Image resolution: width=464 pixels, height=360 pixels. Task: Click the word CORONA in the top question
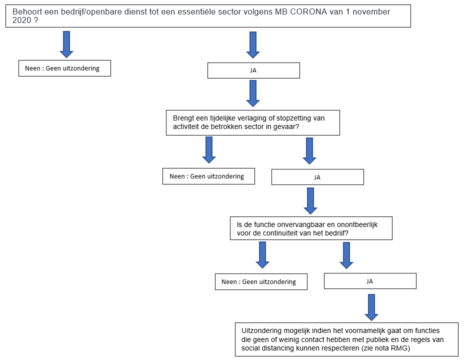click(308, 12)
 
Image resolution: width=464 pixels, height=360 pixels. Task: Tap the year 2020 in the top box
click(21, 20)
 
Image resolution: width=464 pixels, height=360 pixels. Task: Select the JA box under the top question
click(253, 70)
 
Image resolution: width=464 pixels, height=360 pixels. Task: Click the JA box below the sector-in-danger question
click(317, 177)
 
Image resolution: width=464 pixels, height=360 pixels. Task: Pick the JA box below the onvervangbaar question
click(370, 281)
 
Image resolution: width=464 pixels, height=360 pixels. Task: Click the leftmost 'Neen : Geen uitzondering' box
click(64, 68)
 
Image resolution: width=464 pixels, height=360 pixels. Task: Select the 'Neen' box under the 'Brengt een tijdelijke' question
click(208, 176)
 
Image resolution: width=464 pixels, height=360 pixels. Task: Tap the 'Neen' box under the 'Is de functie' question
click(261, 281)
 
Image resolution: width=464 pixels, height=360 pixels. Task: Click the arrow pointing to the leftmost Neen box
click(66, 44)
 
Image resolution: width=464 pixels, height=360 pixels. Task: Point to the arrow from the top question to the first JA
click(253, 45)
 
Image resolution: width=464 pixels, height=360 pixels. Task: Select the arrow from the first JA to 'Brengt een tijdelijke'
click(253, 93)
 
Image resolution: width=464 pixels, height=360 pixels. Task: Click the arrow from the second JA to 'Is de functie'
click(310, 201)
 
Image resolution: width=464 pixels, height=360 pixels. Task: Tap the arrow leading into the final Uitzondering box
click(371, 307)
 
